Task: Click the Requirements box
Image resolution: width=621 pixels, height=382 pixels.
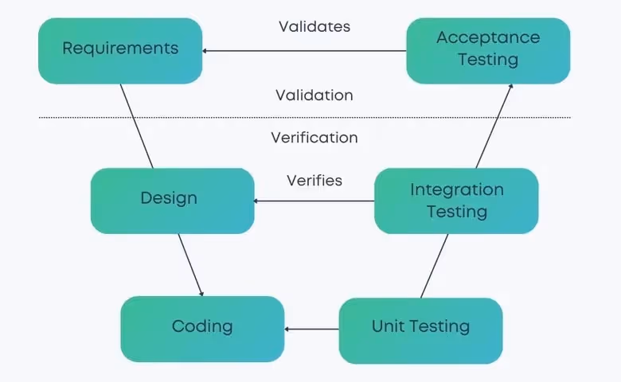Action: [x=120, y=49]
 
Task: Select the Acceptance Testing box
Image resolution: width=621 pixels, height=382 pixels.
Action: [x=488, y=49]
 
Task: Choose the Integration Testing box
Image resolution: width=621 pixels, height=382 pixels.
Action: [x=456, y=201]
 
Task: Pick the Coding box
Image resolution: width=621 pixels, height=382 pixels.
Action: [x=202, y=327]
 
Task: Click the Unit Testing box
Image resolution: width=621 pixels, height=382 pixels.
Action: [x=420, y=327]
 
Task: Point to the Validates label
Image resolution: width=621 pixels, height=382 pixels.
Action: [x=314, y=26]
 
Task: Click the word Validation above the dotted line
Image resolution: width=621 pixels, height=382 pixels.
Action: [x=314, y=95]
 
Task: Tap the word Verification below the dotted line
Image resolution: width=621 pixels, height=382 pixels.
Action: [x=314, y=138]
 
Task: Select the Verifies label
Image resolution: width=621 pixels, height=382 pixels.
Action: [x=314, y=181]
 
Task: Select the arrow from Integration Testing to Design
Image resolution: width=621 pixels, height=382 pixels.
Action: [x=314, y=201]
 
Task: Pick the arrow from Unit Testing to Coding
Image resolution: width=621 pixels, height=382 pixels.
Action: [x=312, y=329]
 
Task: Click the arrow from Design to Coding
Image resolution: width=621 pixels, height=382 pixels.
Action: [x=190, y=265]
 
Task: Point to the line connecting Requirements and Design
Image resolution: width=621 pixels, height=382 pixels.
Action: [x=136, y=126]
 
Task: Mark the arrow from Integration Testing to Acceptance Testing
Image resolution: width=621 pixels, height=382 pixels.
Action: [x=494, y=126]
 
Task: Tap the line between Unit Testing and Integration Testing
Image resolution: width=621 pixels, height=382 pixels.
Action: [x=434, y=266]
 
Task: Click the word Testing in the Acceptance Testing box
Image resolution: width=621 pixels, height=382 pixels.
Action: [x=488, y=60]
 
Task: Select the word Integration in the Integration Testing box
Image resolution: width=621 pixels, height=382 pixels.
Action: [x=456, y=190]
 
